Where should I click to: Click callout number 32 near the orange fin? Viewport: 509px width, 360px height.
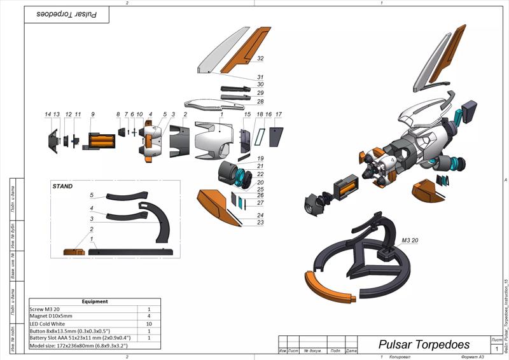point(260,58)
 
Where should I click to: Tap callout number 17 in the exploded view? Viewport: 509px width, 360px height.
point(278,114)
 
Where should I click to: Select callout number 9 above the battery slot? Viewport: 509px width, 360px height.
point(93,114)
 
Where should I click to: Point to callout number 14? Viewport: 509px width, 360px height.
point(48,114)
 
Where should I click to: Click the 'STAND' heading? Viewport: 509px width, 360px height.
point(63,186)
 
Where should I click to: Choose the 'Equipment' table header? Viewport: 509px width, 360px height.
point(95,301)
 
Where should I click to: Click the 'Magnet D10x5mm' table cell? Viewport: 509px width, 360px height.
point(52,316)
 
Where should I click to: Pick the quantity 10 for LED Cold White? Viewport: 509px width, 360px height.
point(149,324)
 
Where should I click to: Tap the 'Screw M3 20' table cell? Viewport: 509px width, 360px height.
point(45,309)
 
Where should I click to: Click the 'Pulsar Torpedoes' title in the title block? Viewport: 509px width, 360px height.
point(424,345)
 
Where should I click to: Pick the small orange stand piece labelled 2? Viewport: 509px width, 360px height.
point(74,252)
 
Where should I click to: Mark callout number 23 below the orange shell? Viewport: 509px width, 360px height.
point(261,223)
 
